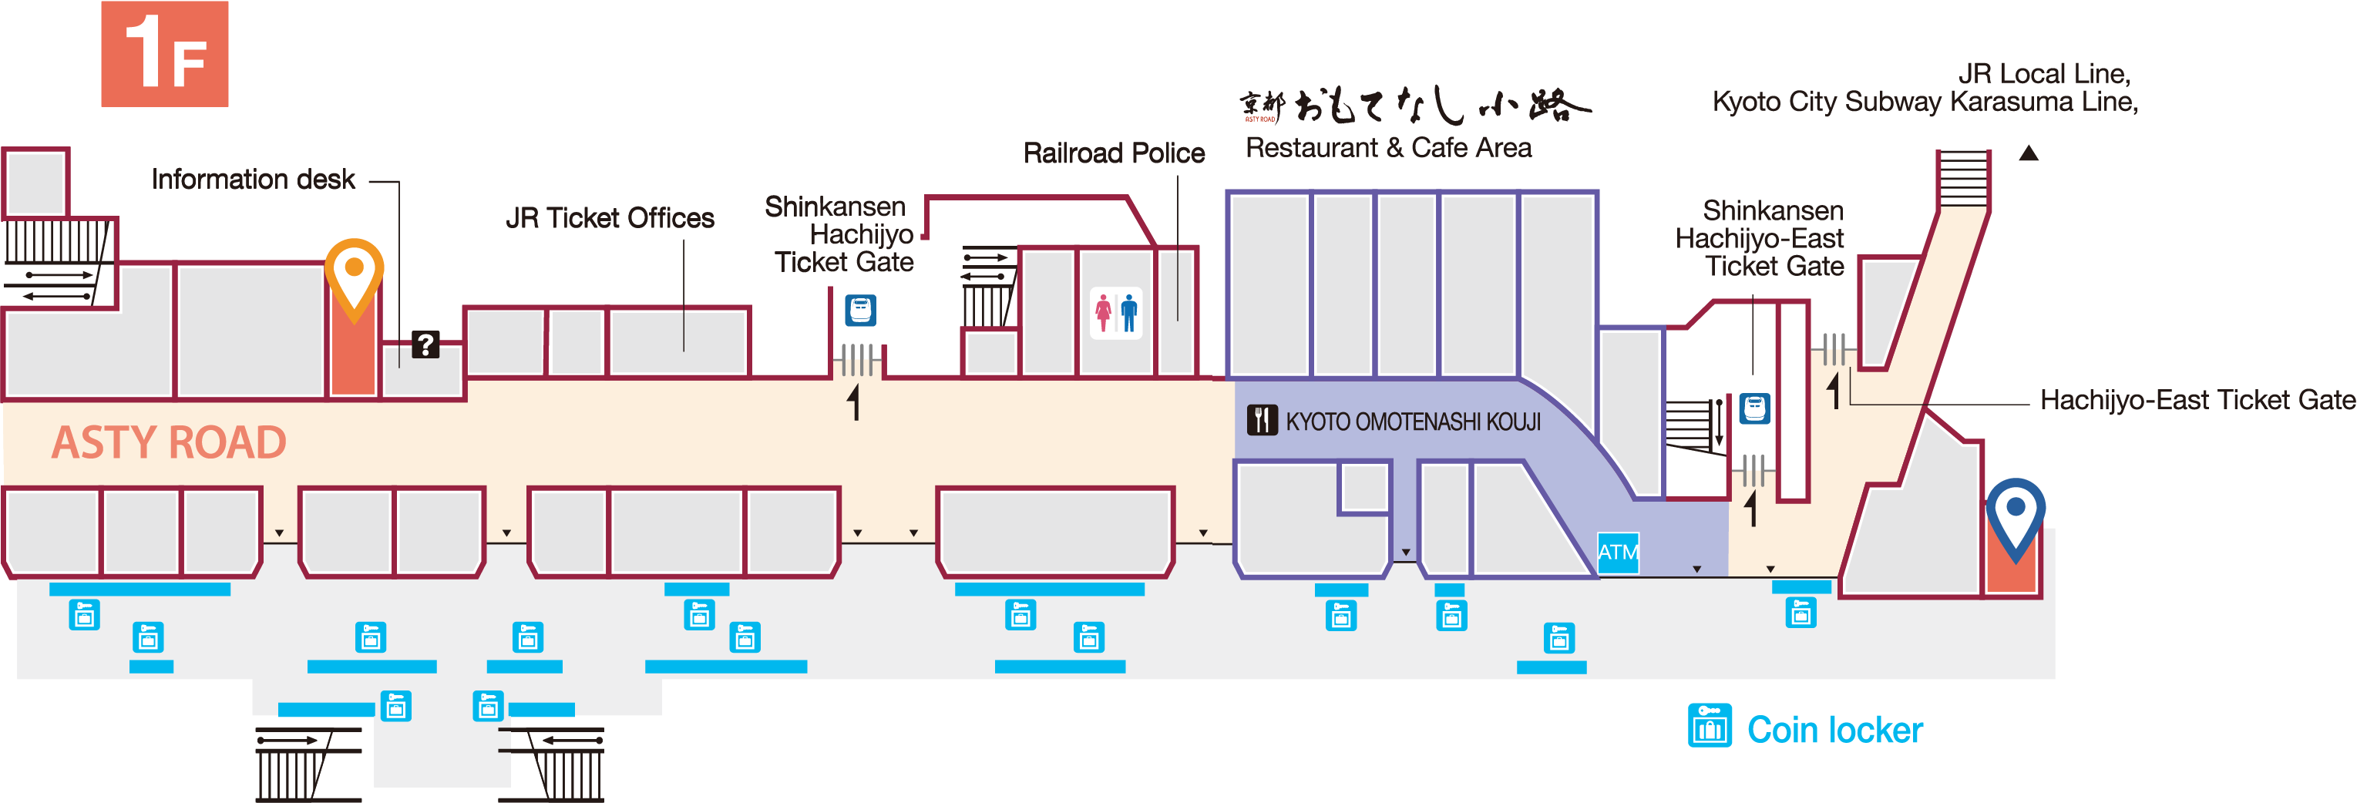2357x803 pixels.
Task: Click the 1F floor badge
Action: tap(165, 54)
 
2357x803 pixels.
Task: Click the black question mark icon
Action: tap(425, 344)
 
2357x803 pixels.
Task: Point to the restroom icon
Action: tap(1116, 314)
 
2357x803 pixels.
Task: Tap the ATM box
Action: tap(1618, 553)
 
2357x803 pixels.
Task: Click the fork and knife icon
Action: tap(1262, 420)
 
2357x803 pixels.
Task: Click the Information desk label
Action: tap(254, 180)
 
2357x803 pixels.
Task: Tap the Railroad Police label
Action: tap(1114, 153)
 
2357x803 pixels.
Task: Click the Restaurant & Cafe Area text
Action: tap(1388, 147)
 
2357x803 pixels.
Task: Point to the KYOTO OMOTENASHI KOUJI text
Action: tap(1413, 422)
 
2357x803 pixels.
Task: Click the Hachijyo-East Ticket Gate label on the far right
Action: tap(2197, 400)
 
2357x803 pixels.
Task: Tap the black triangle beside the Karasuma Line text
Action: tap(2029, 153)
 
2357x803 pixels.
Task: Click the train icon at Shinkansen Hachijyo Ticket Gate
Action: tap(860, 310)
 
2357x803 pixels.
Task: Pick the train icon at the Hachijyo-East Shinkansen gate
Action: tap(1754, 408)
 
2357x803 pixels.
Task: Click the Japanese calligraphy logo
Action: tap(1414, 106)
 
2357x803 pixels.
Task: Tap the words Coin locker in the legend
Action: tap(1834, 730)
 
